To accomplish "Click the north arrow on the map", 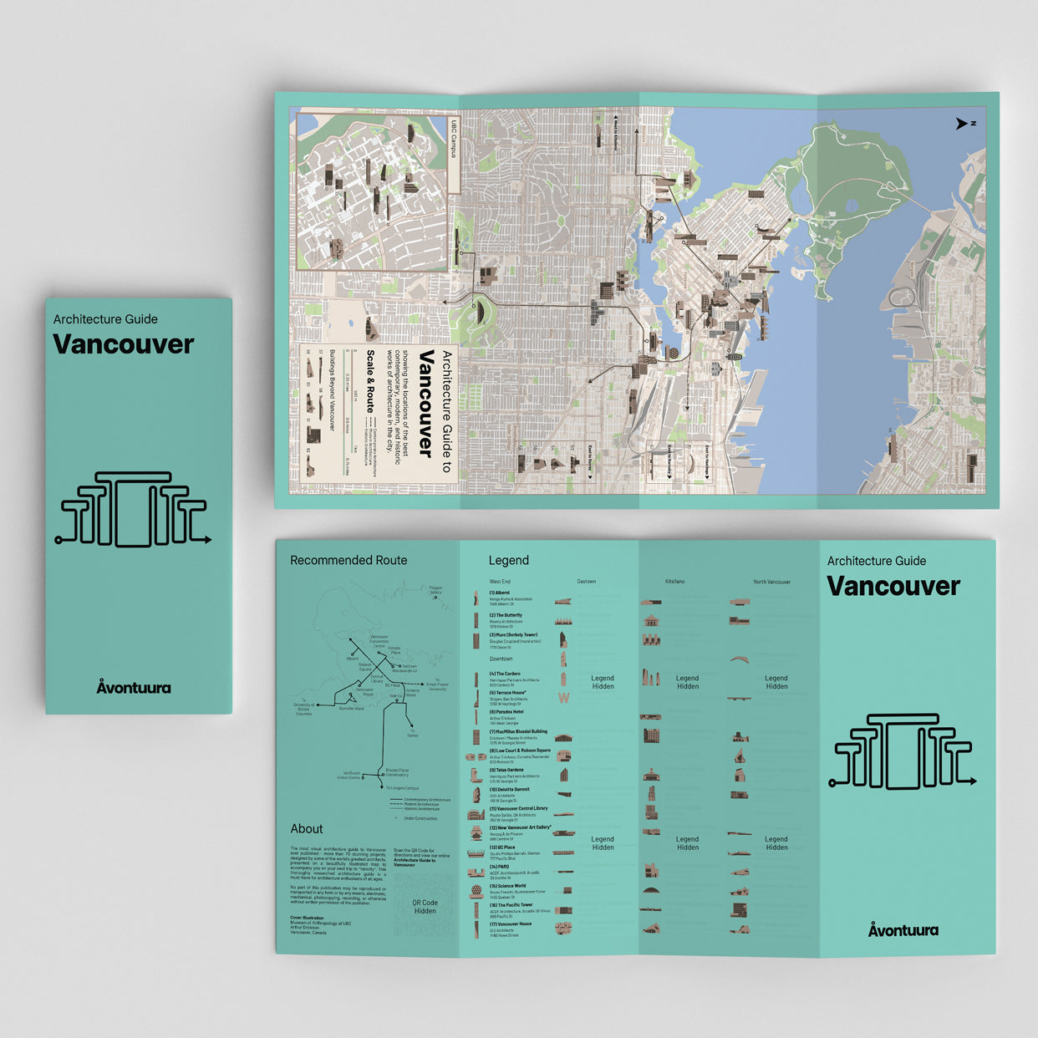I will (962, 124).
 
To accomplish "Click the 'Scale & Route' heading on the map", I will (369, 381).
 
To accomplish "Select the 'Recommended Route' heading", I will (349, 560).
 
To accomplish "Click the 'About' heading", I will (307, 828).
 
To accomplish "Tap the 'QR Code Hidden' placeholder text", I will (425, 907).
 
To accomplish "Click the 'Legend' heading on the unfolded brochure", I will (508, 560).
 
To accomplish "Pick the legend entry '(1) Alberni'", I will (500, 593).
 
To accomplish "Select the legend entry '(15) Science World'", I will (507, 886).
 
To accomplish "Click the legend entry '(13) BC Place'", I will (502, 847).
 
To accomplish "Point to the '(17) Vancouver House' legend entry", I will (510, 924).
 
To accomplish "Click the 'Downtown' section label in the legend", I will (501, 659).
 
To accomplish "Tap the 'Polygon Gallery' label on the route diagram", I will (435, 589).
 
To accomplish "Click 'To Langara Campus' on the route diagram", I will (403, 788).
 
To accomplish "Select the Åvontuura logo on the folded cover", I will (134, 687).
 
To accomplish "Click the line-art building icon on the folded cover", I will (134, 510).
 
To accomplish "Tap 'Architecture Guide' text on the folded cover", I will (105, 319).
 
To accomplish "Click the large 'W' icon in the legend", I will (563, 698).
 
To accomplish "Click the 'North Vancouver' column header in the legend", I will (771, 582).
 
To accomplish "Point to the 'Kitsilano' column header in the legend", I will (674, 582).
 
